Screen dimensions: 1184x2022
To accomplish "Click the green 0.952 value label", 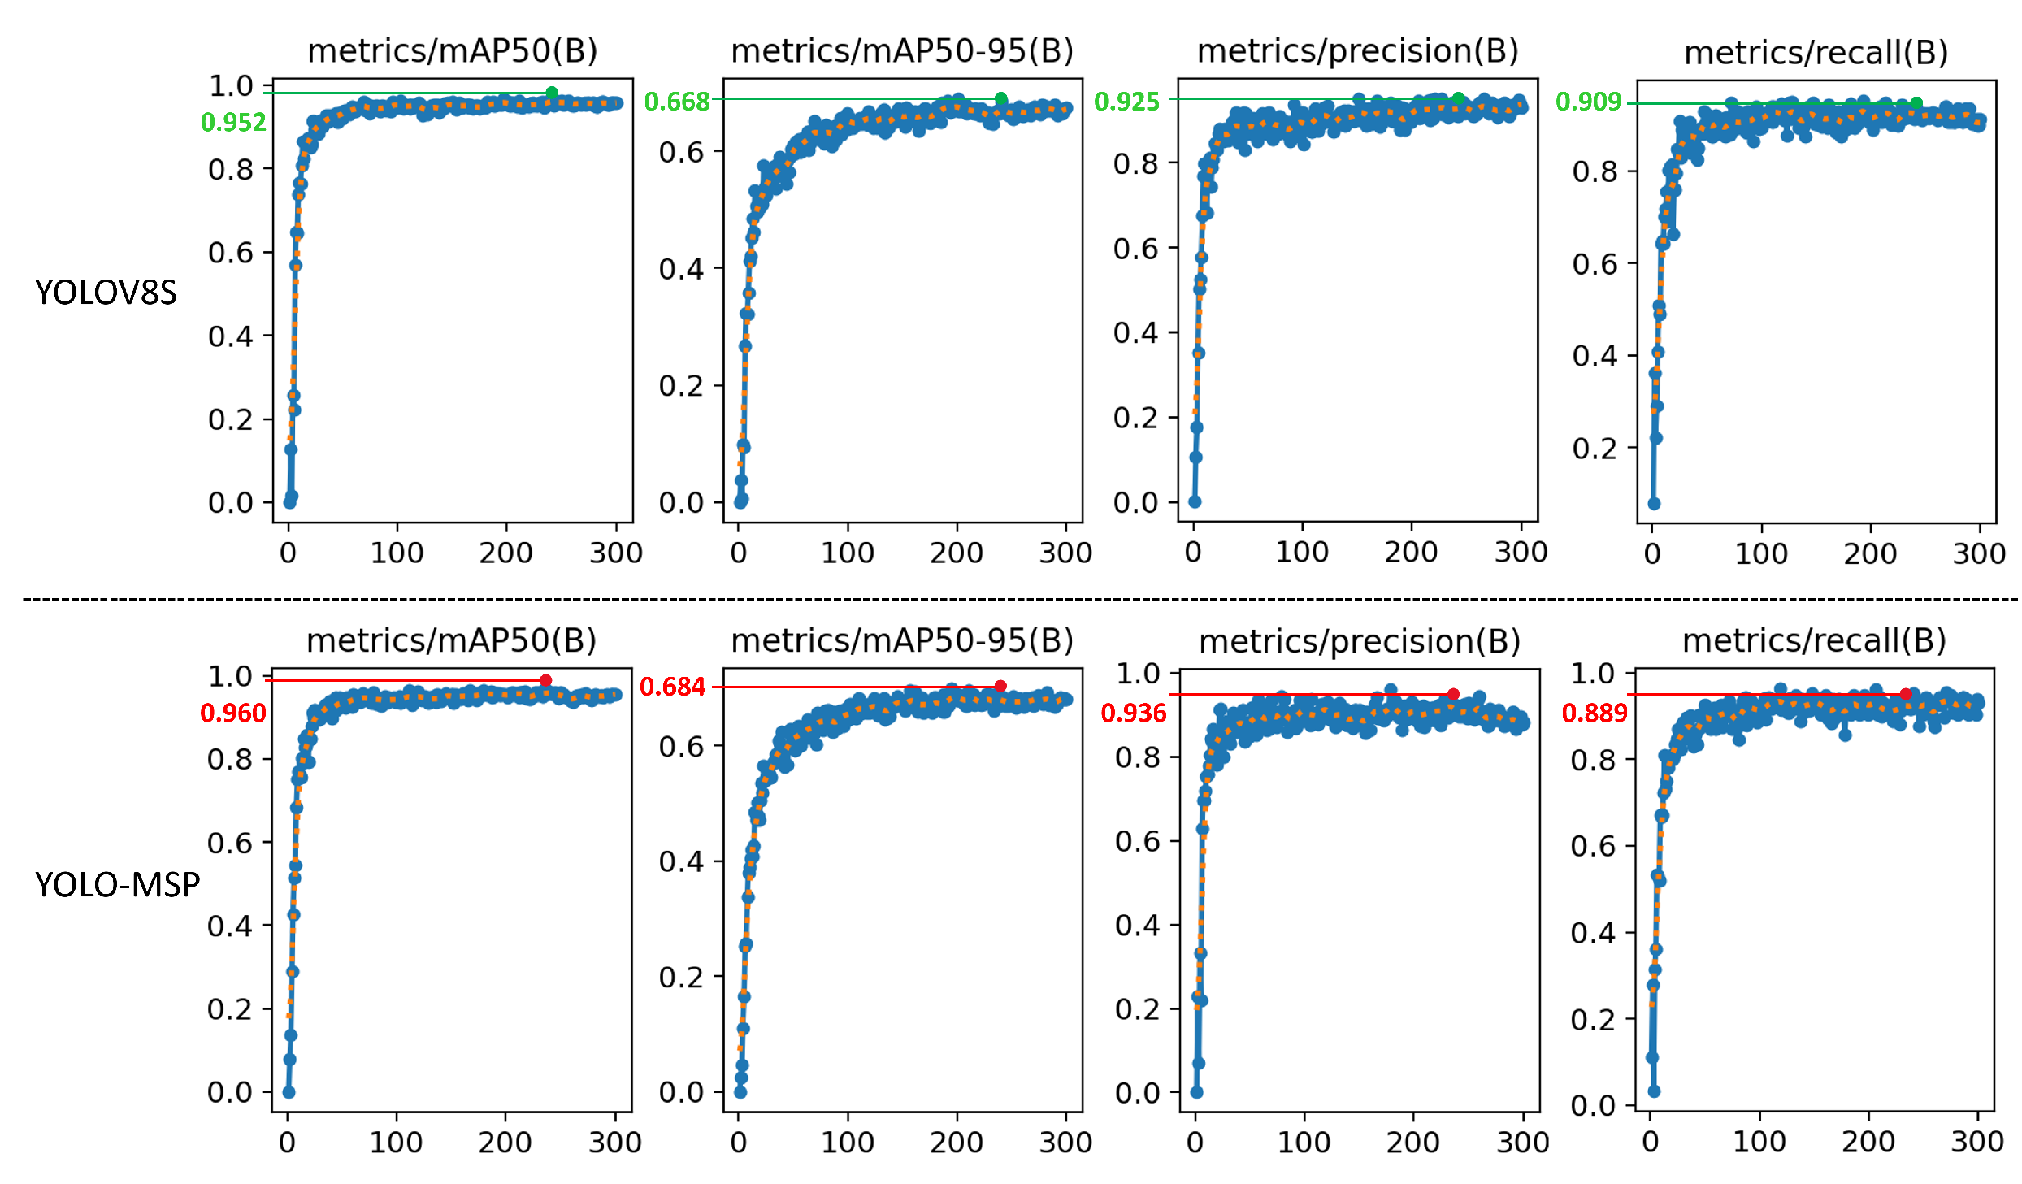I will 233,123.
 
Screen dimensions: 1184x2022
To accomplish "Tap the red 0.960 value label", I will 233,713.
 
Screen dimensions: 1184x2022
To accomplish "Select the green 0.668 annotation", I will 676,102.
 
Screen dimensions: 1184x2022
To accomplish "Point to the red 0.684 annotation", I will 672,687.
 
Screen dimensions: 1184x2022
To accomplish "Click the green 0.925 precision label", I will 1126,102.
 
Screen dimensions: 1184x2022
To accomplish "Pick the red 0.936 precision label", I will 1133,713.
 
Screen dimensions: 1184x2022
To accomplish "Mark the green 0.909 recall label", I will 1588,102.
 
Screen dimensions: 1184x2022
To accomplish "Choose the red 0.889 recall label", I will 1594,713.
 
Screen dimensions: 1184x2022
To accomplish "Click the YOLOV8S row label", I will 106,293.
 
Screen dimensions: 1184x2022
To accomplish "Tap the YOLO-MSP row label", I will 117,884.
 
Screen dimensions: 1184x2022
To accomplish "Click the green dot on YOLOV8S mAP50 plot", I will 552,93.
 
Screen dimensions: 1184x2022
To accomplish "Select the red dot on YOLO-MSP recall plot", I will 1905,694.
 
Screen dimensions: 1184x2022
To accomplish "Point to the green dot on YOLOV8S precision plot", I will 1458,98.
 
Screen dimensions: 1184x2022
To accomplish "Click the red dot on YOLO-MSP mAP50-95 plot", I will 1000,687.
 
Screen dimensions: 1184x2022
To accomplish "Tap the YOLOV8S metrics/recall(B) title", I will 1816,53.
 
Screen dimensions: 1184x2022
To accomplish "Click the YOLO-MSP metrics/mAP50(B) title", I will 451,641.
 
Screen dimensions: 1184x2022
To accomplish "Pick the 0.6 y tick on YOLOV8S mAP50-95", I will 680,153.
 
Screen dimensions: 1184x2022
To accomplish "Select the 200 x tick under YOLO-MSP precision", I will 1412,1143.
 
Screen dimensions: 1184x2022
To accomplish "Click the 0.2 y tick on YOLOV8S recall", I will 1594,449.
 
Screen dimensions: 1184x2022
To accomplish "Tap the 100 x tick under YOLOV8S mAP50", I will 397,553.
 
